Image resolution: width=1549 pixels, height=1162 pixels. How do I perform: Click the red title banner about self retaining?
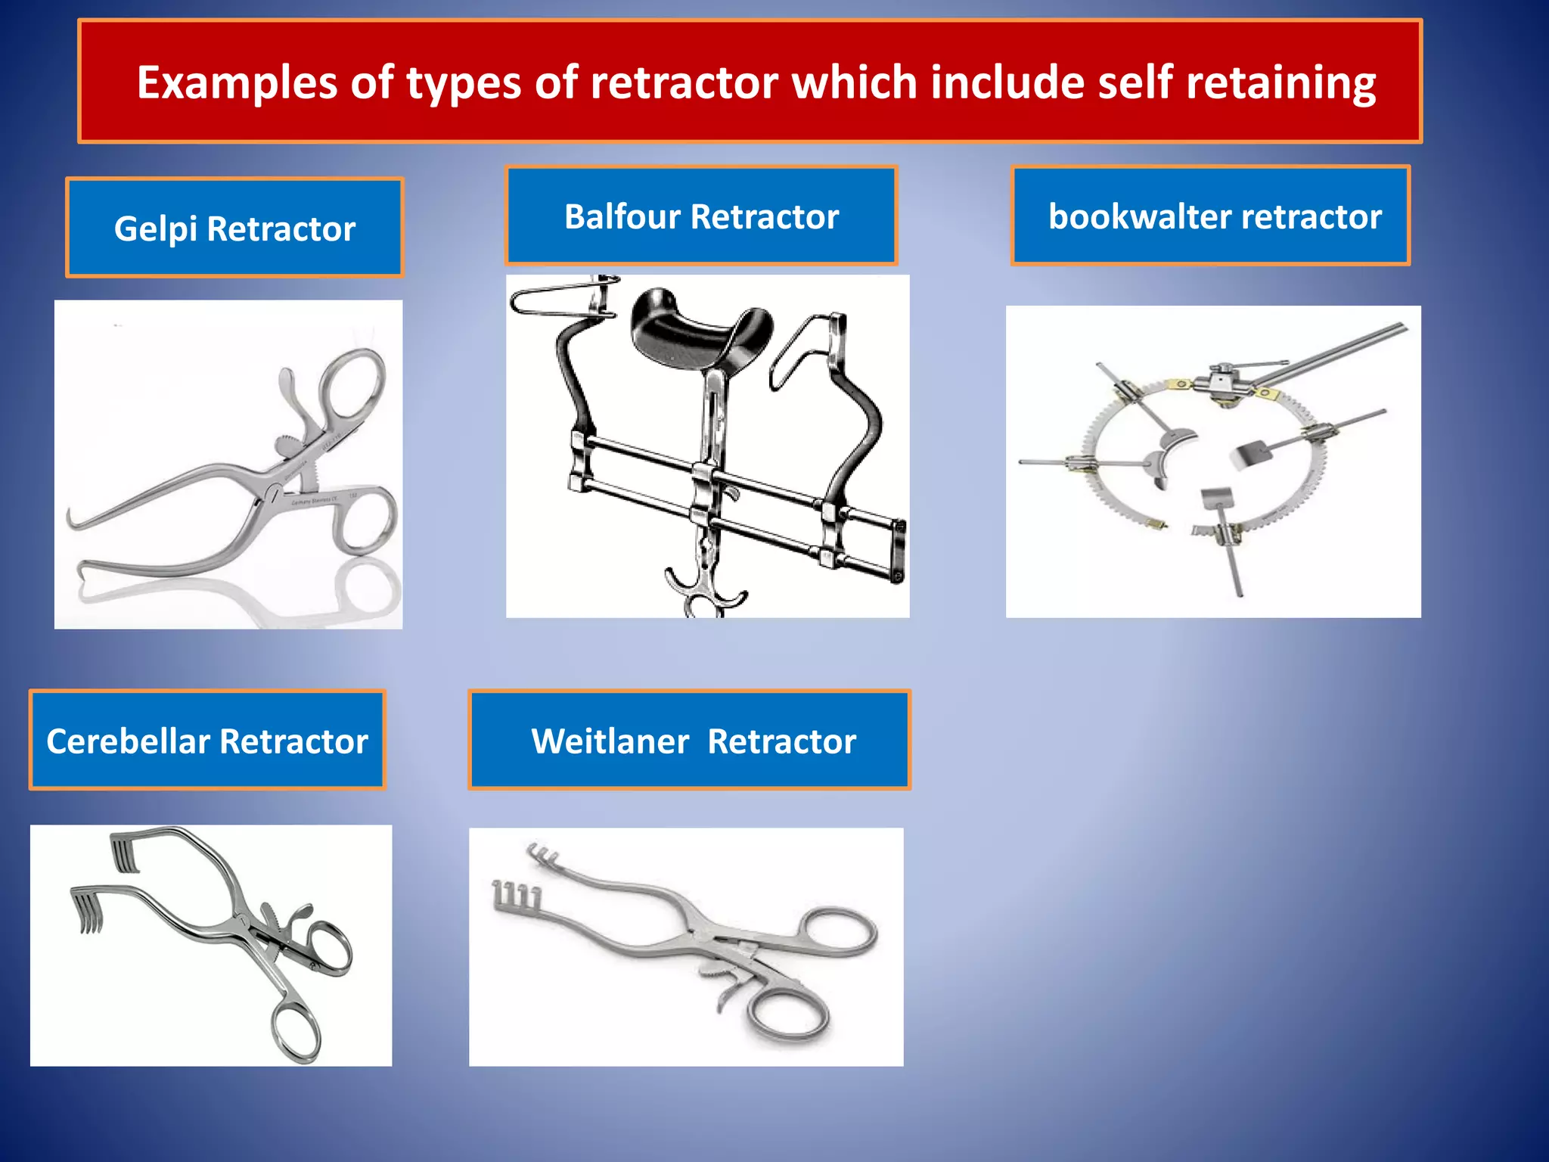coord(750,81)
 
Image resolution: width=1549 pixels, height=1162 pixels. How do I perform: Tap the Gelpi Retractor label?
coord(234,228)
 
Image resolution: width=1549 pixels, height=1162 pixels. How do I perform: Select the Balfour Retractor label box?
coord(701,216)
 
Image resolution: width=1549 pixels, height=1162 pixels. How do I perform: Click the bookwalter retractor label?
coord(1211,216)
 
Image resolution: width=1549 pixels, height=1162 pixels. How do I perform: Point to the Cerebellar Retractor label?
coord(207,740)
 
